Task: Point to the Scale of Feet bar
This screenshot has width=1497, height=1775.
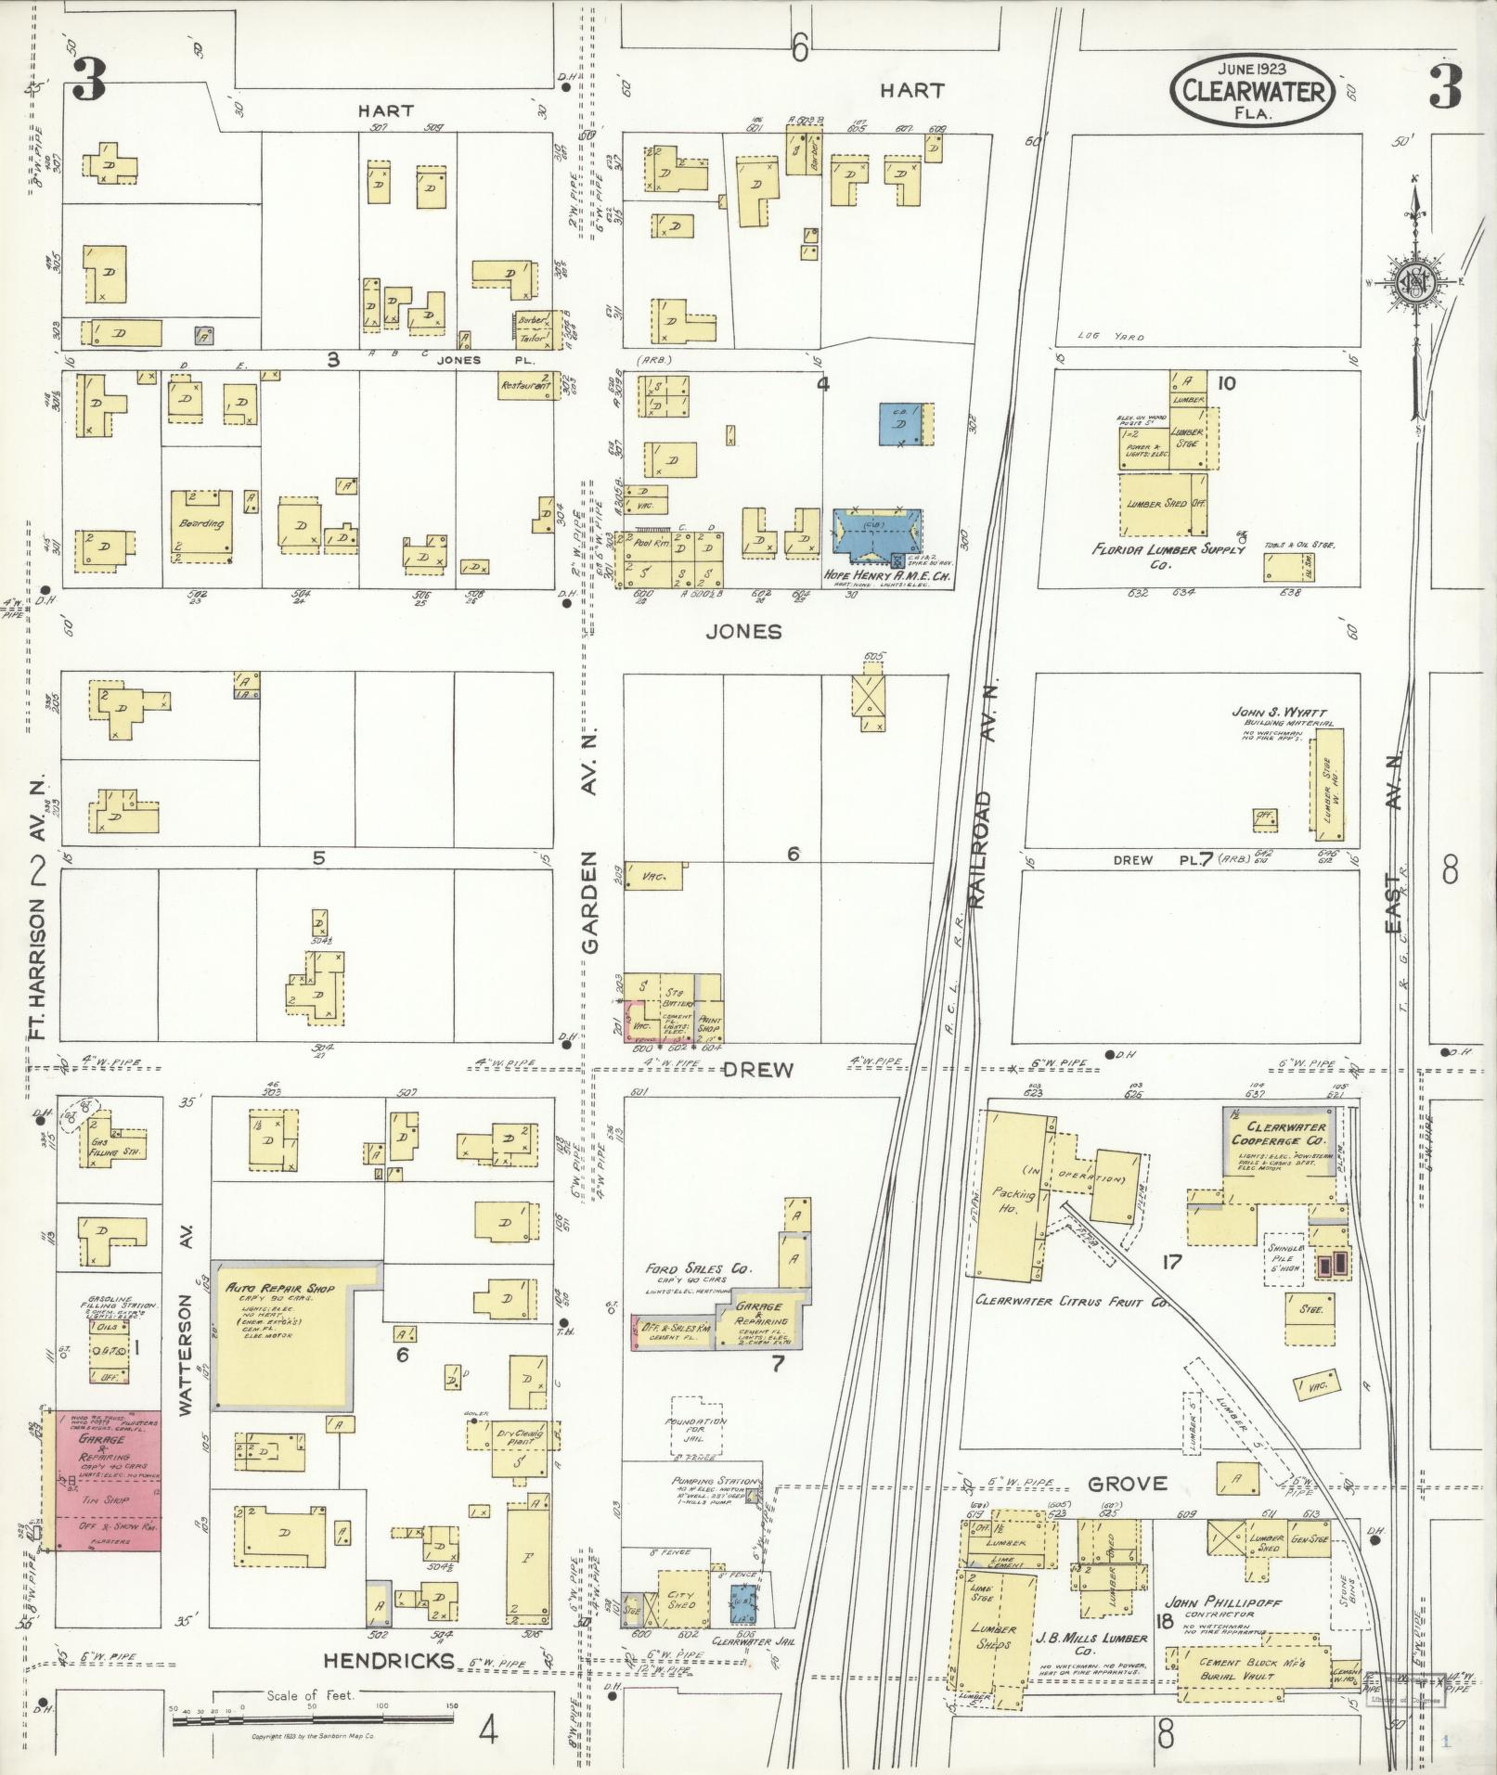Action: pos(315,1720)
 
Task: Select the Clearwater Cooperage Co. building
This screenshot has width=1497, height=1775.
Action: pos(1280,1145)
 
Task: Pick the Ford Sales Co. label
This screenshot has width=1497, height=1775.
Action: pos(699,1268)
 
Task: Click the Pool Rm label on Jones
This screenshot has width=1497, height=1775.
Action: pos(650,544)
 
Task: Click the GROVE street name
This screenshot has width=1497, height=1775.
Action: pos(1127,1484)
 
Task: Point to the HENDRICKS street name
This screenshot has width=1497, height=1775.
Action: pos(389,1660)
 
